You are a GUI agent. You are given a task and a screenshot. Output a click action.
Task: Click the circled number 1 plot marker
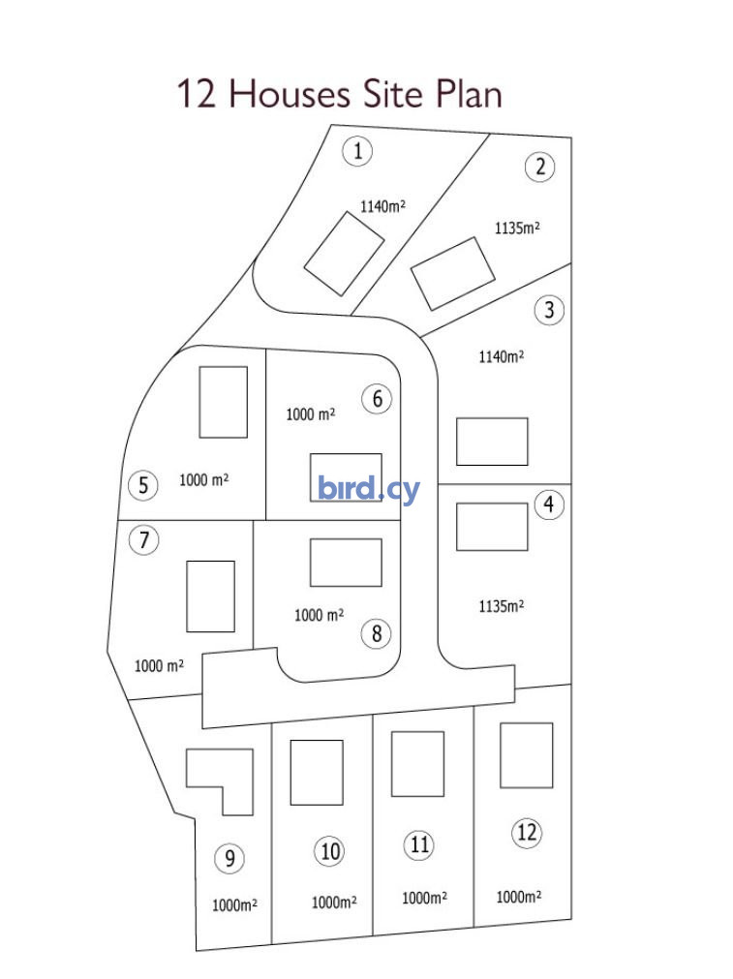[x=357, y=151]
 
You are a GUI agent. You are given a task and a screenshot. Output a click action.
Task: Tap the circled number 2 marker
[x=540, y=167]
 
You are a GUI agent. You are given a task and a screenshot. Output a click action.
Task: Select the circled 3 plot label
[x=549, y=310]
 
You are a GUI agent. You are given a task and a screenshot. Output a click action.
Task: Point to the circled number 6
[x=377, y=399]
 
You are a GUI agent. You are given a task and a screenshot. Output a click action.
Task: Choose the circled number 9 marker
[x=229, y=859]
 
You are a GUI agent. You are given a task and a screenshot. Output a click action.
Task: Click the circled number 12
[x=527, y=832]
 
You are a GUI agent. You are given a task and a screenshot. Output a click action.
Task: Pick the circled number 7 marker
[x=144, y=540]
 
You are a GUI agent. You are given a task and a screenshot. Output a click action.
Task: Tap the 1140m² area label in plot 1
[x=382, y=206]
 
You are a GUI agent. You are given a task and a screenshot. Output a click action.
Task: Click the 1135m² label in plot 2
[x=517, y=228]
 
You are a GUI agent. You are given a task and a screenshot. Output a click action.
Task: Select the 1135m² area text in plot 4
[x=502, y=606]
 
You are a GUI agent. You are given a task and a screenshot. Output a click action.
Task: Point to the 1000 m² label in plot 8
[x=319, y=615]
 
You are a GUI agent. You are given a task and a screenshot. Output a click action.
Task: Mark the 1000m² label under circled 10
[x=334, y=903]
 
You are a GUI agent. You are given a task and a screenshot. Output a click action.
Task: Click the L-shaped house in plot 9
[x=220, y=781]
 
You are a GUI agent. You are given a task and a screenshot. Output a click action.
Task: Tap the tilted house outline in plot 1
[x=344, y=254]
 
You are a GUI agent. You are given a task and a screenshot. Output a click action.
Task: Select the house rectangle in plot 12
[x=527, y=755]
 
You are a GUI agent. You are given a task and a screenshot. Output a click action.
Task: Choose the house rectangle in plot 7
[x=211, y=597]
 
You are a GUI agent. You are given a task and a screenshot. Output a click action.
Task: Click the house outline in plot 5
[x=224, y=402]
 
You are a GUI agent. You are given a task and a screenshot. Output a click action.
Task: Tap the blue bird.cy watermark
[x=368, y=489]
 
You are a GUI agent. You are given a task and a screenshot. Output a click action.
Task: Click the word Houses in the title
[x=290, y=94]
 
